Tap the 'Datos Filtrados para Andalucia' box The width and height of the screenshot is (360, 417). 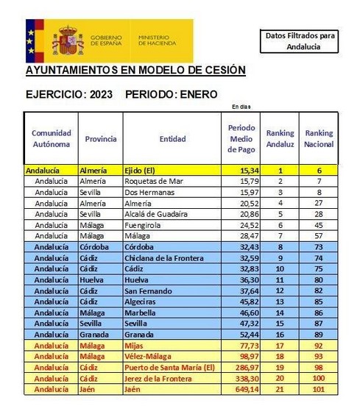[x=300, y=41]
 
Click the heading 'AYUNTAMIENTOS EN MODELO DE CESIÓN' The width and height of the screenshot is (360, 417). [x=135, y=71]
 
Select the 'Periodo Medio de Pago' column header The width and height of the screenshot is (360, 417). [x=241, y=138]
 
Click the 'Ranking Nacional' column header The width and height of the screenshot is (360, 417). [x=319, y=138]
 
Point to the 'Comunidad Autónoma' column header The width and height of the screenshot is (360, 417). [x=52, y=138]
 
